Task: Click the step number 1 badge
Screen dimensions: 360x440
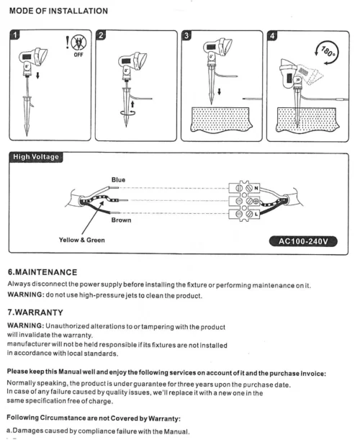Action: (15, 35)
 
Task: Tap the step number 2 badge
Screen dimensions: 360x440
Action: (101, 35)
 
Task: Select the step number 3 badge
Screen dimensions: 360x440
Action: (186, 35)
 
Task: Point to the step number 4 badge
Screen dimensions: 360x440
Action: (272, 35)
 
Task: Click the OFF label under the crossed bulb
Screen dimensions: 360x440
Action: (78, 55)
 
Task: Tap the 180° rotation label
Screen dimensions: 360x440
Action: (328, 52)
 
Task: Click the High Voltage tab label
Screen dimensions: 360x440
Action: (36, 157)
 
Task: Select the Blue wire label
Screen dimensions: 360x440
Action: (118, 180)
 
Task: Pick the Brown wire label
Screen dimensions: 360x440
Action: (121, 220)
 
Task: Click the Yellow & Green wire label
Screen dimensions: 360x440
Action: (82, 241)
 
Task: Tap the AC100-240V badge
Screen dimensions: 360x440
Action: (303, 241)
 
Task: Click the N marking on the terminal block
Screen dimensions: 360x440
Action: (256, 188)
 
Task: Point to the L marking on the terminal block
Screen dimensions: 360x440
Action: (256, 214)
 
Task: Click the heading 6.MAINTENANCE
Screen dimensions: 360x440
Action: (42, 272)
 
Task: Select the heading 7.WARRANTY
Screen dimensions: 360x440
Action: (35, 313)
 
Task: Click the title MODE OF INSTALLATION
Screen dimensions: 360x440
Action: (58, 11)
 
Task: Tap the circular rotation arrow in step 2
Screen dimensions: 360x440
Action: (127, 112)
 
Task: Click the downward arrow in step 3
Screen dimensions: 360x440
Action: (220, 91)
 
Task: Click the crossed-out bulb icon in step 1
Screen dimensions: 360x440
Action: (78, 42)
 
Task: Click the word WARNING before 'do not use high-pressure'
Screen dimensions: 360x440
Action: (26, 295)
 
